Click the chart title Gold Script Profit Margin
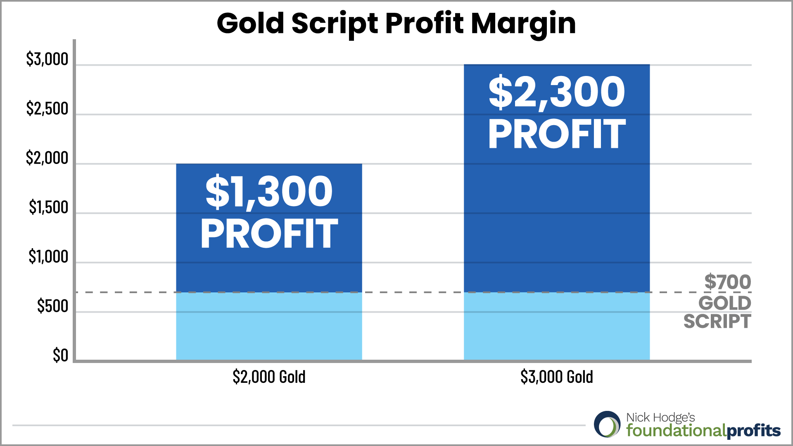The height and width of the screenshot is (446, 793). (396, 23)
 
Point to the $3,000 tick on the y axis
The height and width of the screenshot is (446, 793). (47, 59)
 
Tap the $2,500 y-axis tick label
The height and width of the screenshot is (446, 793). (47, 109)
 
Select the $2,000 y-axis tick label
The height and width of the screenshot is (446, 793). (47, 158)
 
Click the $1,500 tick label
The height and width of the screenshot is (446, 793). (48, 207)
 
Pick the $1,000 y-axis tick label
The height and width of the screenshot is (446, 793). (48, 257)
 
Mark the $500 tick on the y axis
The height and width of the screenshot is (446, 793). (52, 306)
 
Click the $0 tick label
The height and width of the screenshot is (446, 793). (60, 356)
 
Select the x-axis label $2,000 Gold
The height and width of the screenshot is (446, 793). (269, 377)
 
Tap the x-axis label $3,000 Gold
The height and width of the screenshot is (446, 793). (556, 377)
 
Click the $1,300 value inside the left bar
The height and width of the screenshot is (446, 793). (269, 192)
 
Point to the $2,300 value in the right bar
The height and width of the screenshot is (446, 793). (556, 93)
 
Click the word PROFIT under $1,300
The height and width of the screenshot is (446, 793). (269, 234)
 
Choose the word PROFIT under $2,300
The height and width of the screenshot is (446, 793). (556, 134)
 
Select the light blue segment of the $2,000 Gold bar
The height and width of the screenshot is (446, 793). (269, 326)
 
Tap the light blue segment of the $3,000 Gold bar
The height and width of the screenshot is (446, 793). (556, 326)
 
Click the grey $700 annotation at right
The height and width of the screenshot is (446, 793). (727, 282)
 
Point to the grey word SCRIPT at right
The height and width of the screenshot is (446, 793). (717, 322)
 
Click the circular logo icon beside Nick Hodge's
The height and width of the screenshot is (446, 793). (607, 425)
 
